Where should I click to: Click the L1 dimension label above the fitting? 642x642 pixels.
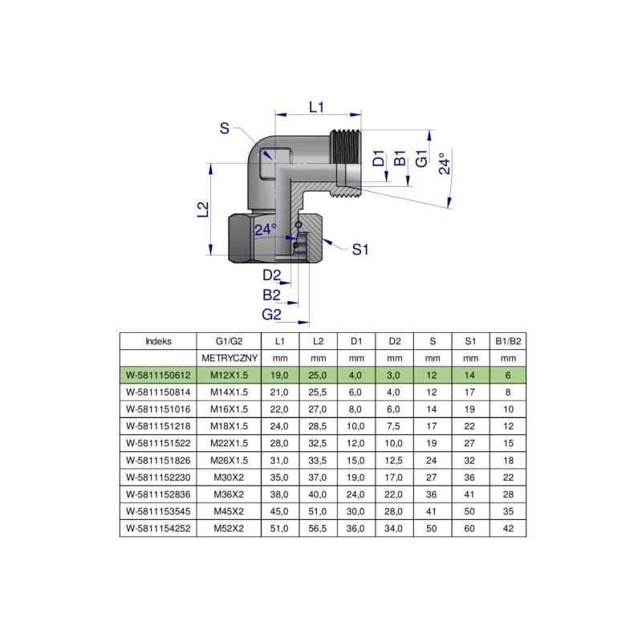pyautogui.click(x=315, y=107)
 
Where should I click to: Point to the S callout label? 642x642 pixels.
pyautogui.click(x=225, y=128)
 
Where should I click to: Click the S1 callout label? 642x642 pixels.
pyautogui.click(x=360, y=250)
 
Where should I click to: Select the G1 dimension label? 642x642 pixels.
pyautogui.click(x=420, y=158)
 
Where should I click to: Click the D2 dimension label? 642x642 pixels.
pyautogui.click(x=272, y=276)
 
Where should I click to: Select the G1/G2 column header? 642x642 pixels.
pyautogui.click(x=230, y=340)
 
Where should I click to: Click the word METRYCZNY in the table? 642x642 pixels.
pyautogui.click(x=230, y=357)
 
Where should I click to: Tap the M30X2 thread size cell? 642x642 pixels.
pyautogui.click(x=230, y=477)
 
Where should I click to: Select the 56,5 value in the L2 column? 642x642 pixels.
pyautogui.click(x=318, y=528)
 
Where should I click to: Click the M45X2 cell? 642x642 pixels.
pyautogui.click(x=230, y=511)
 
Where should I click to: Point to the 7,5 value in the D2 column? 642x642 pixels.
pyautogui.click(x=395, y=425)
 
